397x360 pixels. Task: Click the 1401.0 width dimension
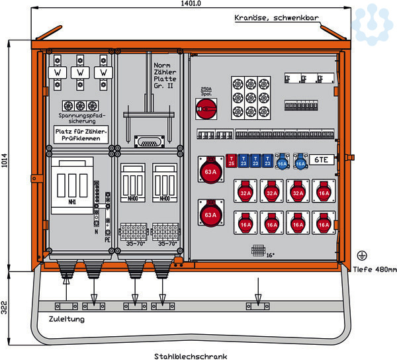pyautogui.click(x=191, y=4)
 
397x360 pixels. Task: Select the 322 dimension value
pyautogui.click(x=5, y=306)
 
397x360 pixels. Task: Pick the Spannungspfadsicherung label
pyautogui.click(x=81, y=119)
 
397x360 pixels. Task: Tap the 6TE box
pyautogui.click(x=320, y=160)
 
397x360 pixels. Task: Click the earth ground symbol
pyautogui.click(x=362, y=255)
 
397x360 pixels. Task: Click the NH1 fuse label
pyautogui.click(x=70, y=201)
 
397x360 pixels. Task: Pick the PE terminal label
pyautogui.click(x=107, y=241)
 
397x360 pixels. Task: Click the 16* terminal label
pyautogui.click(x=270, y=255)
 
